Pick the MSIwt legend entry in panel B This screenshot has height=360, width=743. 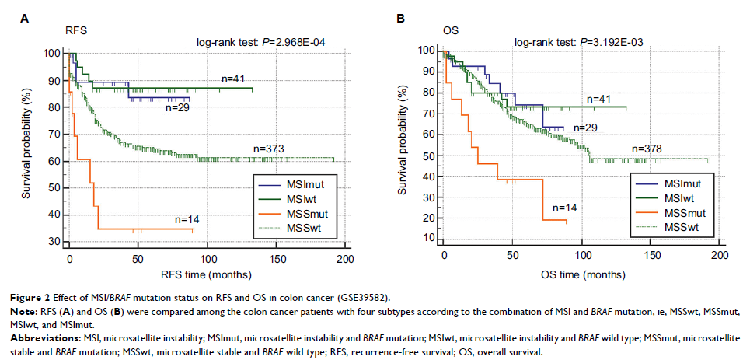click(678, 197)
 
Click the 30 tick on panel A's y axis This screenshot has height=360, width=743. click(55, 241)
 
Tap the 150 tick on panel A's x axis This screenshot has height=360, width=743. click(276, 258)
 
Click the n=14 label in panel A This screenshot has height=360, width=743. click(187, 220)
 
